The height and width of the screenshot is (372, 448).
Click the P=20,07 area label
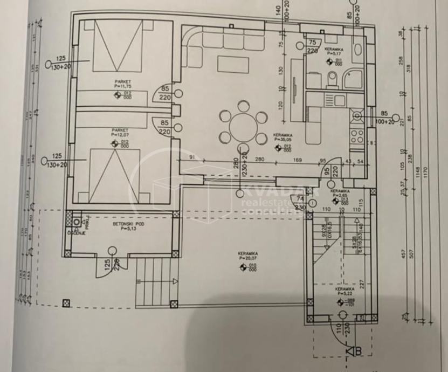click(249, 258)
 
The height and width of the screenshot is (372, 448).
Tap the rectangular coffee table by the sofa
click(233, 64)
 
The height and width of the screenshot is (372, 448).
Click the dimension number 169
click(298, 160)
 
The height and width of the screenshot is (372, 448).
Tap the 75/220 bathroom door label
click(312, 46)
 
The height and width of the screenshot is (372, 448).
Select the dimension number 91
click(192, 157)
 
